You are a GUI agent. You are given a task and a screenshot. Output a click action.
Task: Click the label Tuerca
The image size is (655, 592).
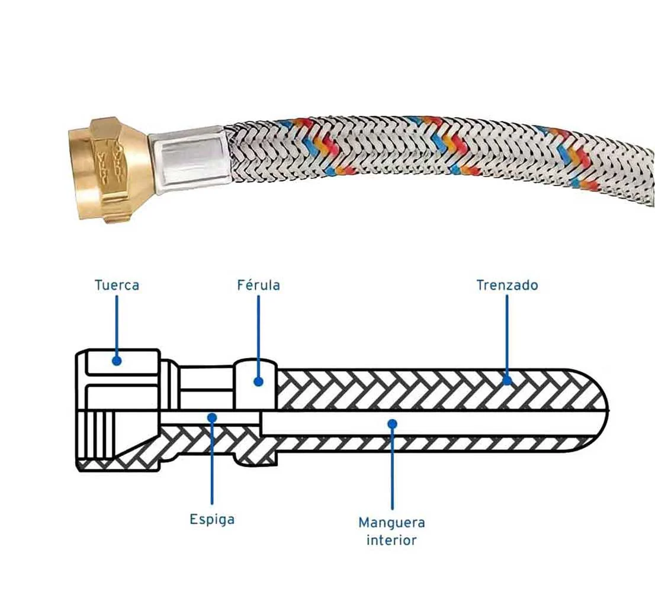[117, 285]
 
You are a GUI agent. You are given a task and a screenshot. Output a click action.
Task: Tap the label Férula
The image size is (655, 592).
[258, 285]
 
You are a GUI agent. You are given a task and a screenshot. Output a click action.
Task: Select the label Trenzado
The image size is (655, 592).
[507, 285]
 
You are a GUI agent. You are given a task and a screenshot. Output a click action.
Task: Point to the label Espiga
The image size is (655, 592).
[212, 519]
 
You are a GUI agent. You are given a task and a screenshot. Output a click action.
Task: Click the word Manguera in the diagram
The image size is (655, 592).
[391, 523]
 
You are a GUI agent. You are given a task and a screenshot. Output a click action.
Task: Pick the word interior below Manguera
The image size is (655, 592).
[391, 540]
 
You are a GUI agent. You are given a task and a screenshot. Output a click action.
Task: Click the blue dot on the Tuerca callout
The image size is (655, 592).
[117, 360]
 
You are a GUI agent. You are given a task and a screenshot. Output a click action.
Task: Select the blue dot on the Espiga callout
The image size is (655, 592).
[212, 417]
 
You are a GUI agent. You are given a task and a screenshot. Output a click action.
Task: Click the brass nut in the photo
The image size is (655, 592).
[113, 168]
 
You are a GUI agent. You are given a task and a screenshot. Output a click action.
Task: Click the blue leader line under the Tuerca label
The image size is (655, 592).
[117, 326]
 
